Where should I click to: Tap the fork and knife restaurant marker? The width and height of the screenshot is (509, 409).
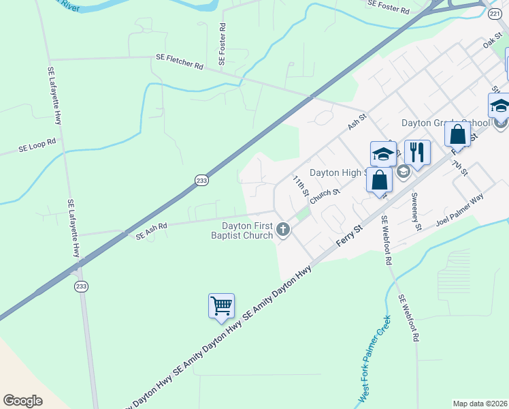point(417,153)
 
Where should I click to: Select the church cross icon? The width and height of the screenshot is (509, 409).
point(283,231)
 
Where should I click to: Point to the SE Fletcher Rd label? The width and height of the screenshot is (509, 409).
point(180,61)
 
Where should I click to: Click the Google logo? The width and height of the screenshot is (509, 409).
point(22,401)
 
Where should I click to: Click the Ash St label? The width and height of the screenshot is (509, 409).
point(357,121)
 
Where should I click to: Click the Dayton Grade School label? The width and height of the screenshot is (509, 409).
point(444,123)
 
